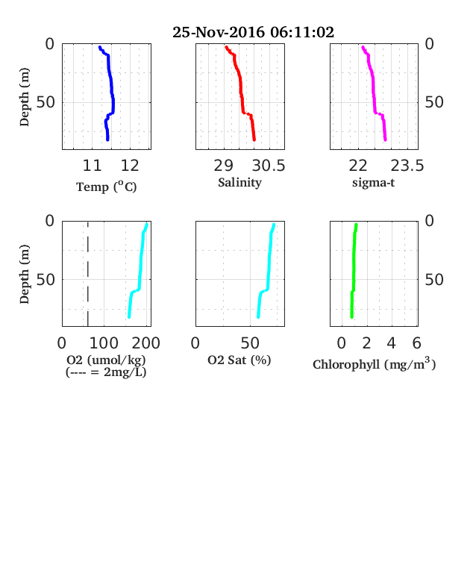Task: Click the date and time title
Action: (253, 32)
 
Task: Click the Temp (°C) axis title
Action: (107, 187)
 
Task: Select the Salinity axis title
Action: (240, 183)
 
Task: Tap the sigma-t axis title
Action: (373, 183)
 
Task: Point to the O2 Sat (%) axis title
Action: (239, 360)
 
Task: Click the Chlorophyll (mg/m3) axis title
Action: (374, 363)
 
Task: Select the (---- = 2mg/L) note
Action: (106, 372)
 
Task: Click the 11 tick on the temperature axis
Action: (92, 166)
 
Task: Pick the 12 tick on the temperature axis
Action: (130, 166)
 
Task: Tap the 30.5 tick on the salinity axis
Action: (269, 166)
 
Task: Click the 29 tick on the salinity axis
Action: (223, 166)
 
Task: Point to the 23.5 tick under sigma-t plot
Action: (407, 166)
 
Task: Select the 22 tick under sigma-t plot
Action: (358, 166)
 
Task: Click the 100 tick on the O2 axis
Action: (104, 343)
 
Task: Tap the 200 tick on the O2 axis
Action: (145, 343)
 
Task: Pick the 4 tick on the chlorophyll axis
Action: (391, 343)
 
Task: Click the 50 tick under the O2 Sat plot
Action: (250, 343)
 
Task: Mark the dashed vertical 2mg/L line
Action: (88, 274)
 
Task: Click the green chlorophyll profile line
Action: (354, 271)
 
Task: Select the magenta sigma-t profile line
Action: (373, 93)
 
